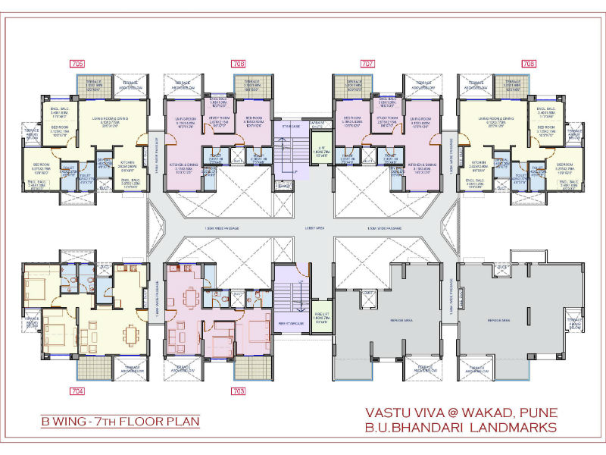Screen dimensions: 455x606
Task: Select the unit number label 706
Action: point(239,64)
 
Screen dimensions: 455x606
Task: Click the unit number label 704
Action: point(79,392)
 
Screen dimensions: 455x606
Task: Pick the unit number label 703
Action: point(239,392)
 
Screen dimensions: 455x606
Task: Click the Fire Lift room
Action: point(322,309)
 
